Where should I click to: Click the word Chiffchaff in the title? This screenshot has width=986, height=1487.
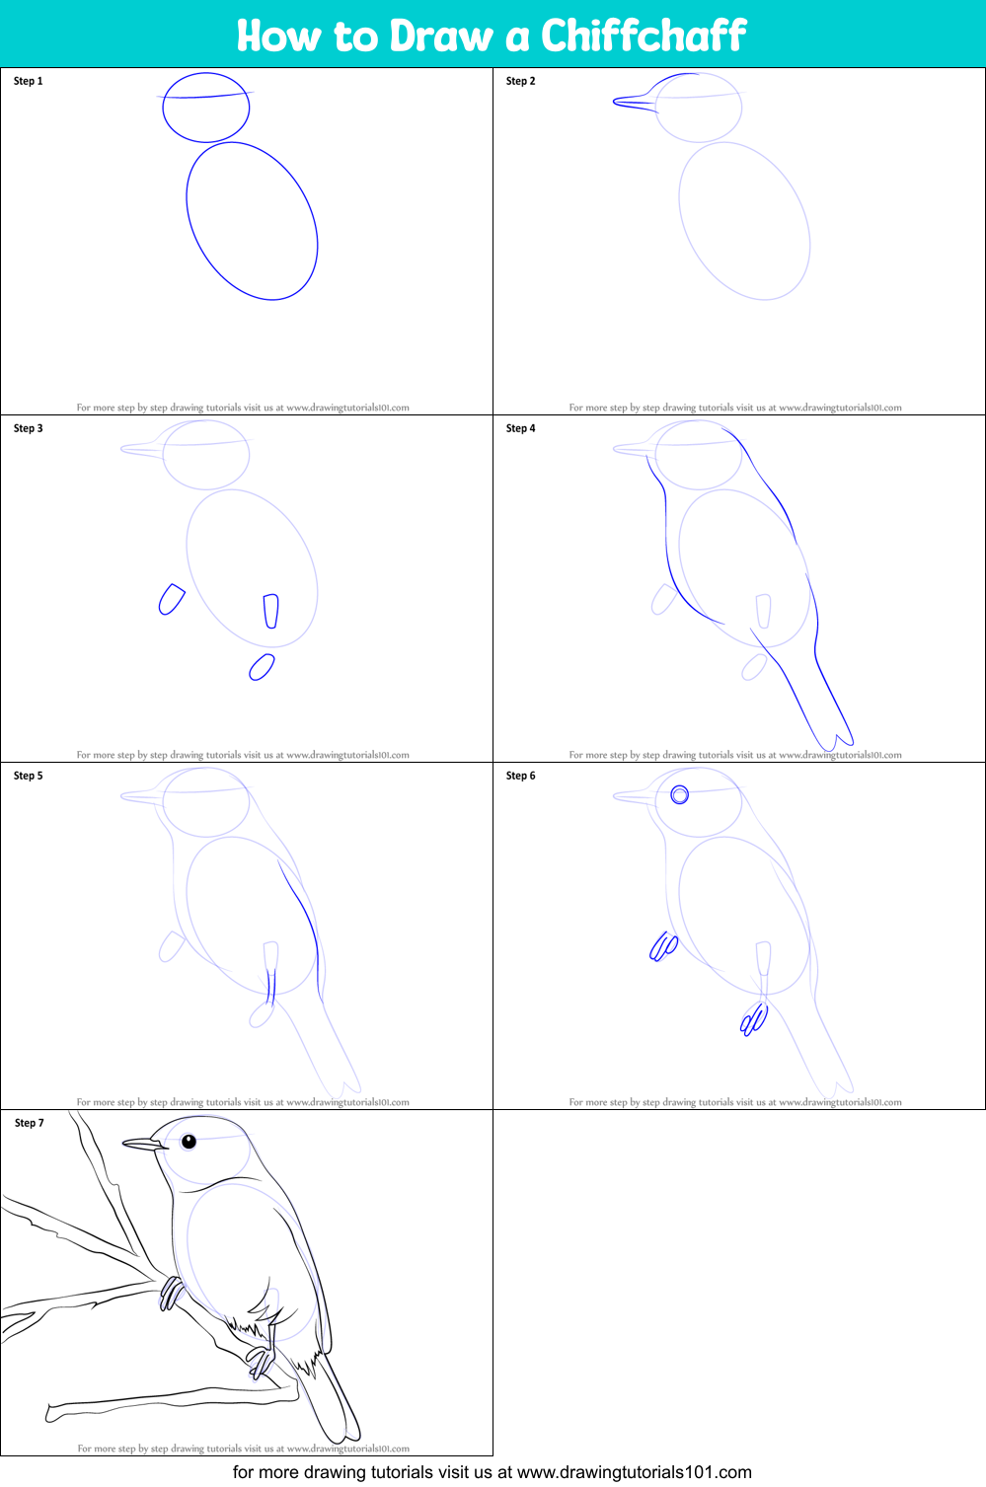pyautogui.click(x=643, y=37)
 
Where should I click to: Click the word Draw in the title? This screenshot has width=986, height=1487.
pyautogui.click(x=440, y=37)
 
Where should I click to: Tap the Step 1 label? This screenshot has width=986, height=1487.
pyautogui.click(x=29, y=81)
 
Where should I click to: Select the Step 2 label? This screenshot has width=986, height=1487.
pyautogui.click(x=520, y=81)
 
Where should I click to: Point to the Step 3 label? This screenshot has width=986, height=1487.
pyautogui.click(x=29, y=428)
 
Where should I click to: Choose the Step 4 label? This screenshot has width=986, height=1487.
pyautogui.click(x=520, y=428)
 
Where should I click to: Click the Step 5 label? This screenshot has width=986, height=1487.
pyautogui.click(x=29, y=776)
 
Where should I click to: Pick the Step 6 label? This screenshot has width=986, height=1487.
pyautogui.click(x=520, y=776)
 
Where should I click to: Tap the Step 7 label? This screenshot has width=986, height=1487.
pyautogui.click(x=30, y=1123)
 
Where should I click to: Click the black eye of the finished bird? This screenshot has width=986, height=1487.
pyautogui.click(x=189, y=1142)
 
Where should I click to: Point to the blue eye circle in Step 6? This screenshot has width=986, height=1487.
pyautogui.click(x=680, y=794)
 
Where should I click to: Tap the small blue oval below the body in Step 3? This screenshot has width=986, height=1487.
pyautogui.click(x=262, y=668)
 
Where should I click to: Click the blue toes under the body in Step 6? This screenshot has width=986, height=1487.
pyautogui.click(x=754, y=1018)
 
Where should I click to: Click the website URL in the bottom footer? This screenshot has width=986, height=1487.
pyautogui.click(x=634, y=1472)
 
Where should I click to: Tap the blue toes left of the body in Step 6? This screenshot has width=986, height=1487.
pyautogui.click(x=663, y=947)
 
